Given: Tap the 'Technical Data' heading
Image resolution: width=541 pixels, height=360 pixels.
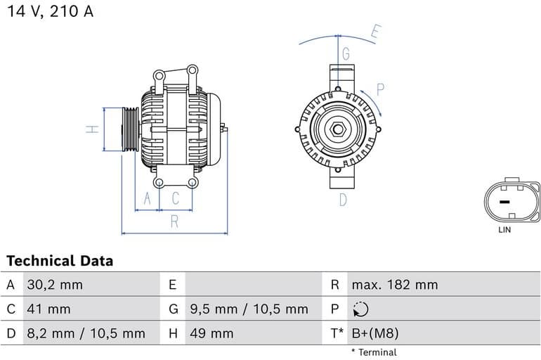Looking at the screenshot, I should pyautogui.click(x=60, y=261).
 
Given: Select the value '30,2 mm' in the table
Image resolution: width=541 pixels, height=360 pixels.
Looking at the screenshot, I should pyautogui.click(x=54, y=285).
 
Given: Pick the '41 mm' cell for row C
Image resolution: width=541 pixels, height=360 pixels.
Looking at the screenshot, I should pyautogui.click(x=48, y=309).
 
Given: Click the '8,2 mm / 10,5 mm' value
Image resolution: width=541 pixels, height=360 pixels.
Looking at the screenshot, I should pyautogui.click(x=86, y=333).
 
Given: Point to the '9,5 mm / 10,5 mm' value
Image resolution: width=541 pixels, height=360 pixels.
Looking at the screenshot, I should pyautogui.click(x=249, y=309).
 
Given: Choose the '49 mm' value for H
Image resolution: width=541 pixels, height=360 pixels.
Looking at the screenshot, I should pyautogui.click(x=211, y=333).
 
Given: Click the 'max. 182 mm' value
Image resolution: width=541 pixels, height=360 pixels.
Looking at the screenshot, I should pyautogui.click(x=394, y=285).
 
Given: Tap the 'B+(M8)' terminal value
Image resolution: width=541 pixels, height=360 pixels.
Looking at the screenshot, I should pyautogui.click(x=374, y=333).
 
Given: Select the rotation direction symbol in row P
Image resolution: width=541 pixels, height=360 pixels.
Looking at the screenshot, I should pyautogui.click(x=359, y=309).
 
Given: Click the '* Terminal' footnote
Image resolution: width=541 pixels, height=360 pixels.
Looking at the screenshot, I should pyautogui.click(x=374, y=352).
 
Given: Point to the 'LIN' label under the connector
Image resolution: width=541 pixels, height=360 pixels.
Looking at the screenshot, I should pyautogui.click(x=504, y=230).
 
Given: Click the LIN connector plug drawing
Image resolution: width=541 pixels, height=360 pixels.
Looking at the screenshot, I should pyautogui.click(x=511, y=201).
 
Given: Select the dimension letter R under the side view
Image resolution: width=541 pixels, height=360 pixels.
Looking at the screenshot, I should pyautogui.click(x=174, y=222).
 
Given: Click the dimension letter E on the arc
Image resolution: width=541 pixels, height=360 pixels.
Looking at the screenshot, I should pyautogui.click(x=376, y=32).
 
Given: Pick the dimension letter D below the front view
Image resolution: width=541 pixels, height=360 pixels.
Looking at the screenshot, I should pyautogui.click(x=343, y=200).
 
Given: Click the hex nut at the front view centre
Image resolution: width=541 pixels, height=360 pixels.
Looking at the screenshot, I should pyautogui.click(x=337, y=130).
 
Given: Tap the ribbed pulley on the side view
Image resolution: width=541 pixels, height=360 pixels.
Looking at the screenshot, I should pyautogui.click(x=130, y=129).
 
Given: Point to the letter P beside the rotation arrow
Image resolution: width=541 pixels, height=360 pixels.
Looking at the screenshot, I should pyautogui.click(x=380, y=89).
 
